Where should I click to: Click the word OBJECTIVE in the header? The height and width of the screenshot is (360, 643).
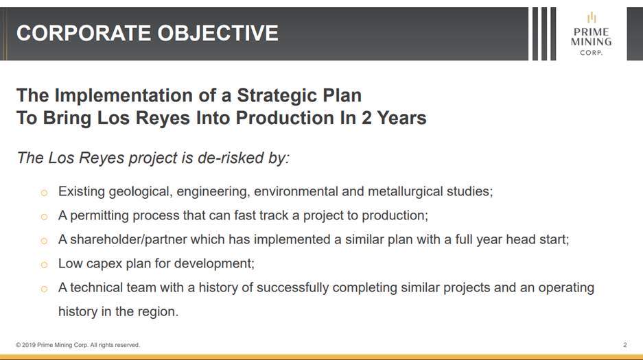coord(218,33)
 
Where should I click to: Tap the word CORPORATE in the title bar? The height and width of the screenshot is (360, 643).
coord(84,33)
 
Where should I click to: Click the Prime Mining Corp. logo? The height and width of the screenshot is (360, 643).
coord(591,34)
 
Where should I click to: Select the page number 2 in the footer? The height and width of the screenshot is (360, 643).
coord(625,345)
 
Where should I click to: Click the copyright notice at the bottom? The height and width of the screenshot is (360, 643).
coord(78,345)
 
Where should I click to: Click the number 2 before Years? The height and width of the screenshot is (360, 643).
coord(366,118)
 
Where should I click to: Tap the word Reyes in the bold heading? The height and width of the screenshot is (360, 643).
coord(163,119)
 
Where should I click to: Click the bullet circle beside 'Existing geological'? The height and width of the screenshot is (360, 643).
coord(45,193)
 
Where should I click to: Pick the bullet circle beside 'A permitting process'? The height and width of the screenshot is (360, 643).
coord(45,217)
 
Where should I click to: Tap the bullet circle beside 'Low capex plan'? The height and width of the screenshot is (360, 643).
coord(45,265)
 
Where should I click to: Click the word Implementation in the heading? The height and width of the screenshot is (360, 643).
coord(124,96)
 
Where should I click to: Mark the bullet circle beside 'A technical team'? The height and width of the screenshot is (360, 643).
coord(45,289)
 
